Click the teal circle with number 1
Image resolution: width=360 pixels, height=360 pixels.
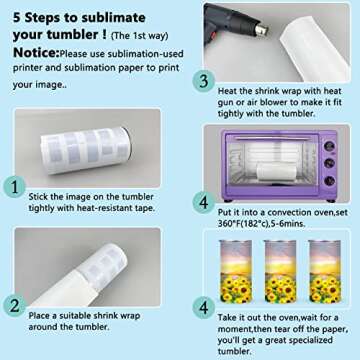coord(15,188)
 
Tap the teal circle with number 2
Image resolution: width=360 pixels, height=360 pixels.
coord(15,306)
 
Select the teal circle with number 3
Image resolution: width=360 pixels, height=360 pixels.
coord(204,82)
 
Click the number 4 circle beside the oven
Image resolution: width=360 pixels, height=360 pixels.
coord(204,203)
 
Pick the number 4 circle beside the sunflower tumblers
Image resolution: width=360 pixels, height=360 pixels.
coord(204,308)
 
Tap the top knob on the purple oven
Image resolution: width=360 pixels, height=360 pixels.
coord(329,146)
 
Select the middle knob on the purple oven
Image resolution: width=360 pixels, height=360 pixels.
coord(329,163)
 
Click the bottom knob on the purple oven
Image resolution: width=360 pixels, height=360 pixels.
coord(329,181)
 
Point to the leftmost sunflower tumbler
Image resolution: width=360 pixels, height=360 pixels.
coord(236,271)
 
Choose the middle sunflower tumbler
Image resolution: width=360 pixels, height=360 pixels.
coord(280,271)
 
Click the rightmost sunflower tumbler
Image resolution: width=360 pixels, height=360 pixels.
coord(325,271)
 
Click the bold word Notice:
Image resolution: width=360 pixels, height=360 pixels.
coord(36,53)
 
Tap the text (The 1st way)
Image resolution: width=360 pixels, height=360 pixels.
coord(139,36)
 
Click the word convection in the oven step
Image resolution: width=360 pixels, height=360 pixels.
coord(289,212)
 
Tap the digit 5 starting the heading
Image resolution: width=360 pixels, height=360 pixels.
coord(17,18)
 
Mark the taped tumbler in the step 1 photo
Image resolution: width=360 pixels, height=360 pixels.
coord(86,150)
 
